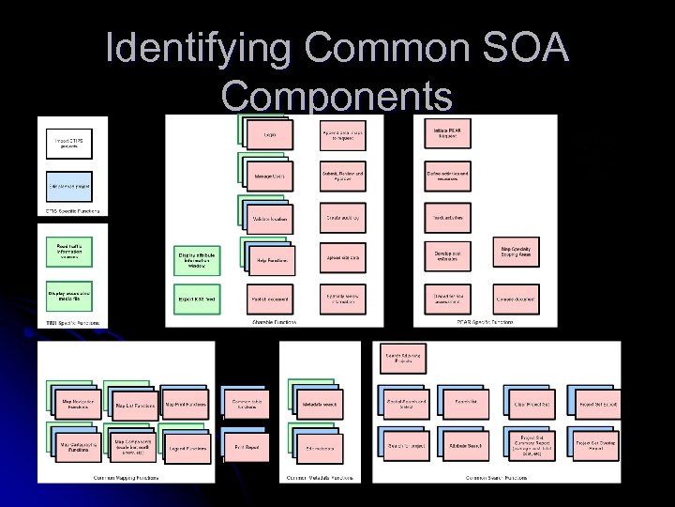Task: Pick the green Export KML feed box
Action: point(197,299)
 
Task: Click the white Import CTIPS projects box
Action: point(69,143)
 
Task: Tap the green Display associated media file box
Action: point(69,296)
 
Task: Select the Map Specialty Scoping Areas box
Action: point(517,253)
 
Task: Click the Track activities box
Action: point(445,217)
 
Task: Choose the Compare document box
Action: point(517,299)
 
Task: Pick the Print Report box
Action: point(246,448)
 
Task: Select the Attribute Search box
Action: point(466,444)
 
